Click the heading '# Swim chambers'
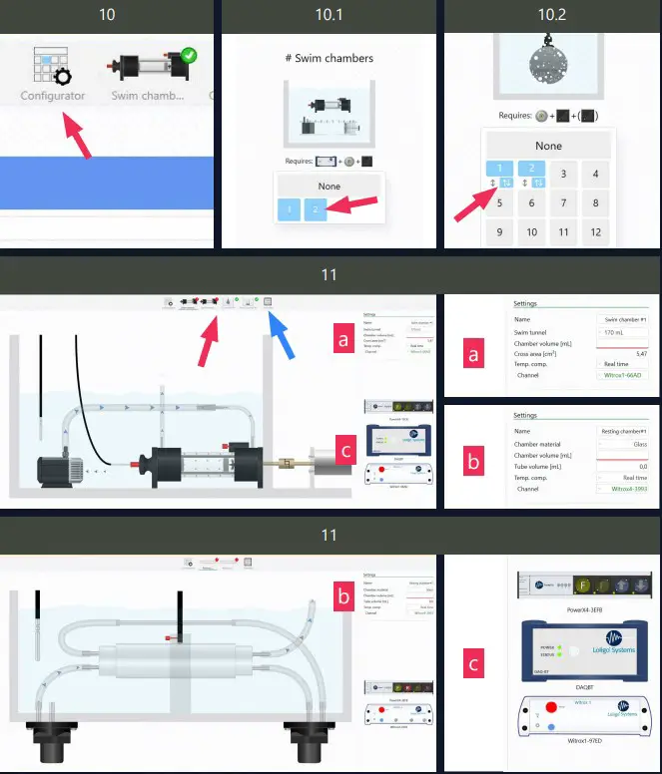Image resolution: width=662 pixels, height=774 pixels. pos(329,58)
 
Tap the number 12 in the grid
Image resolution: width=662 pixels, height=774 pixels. pos(595,232)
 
